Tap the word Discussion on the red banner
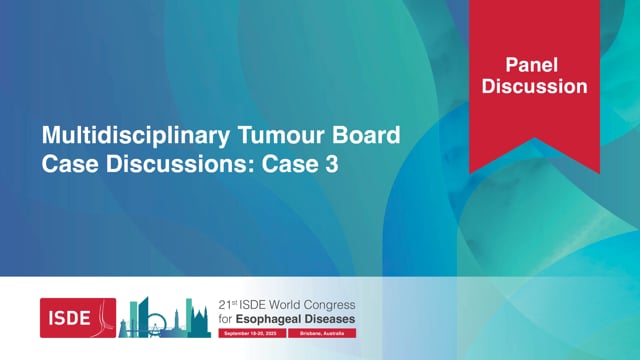tap(534, 86)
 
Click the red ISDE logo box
tap(78, 318)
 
